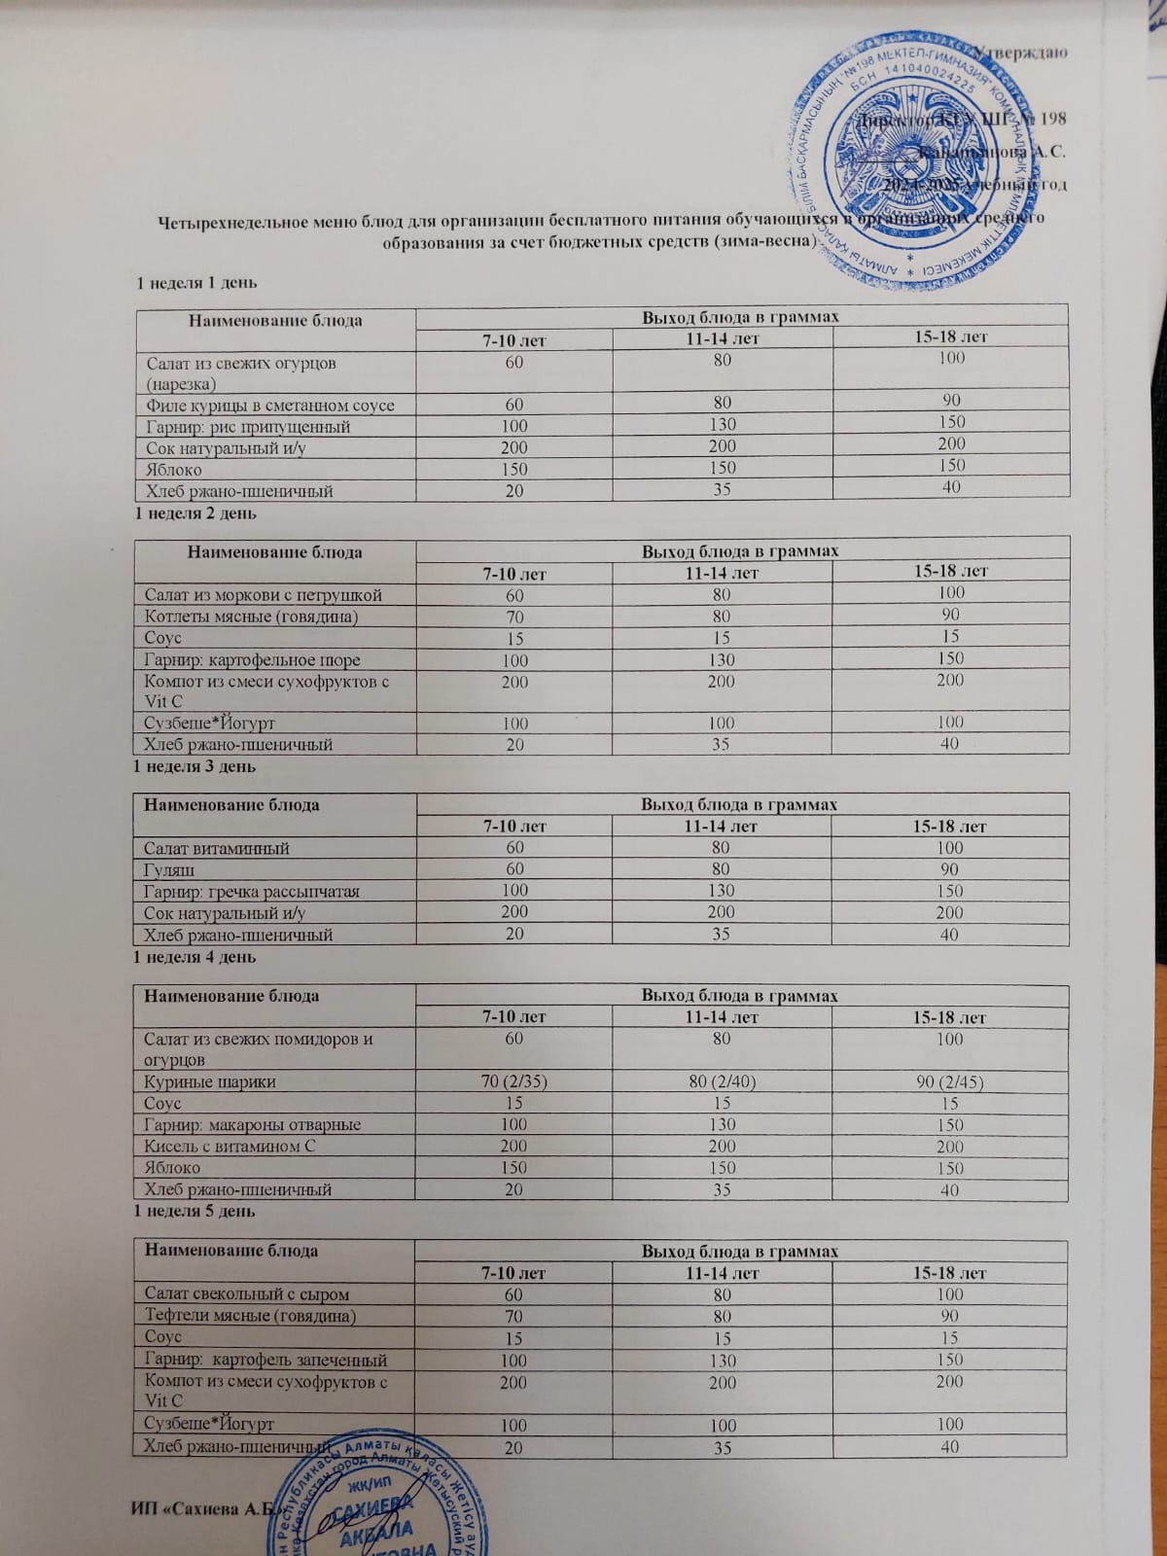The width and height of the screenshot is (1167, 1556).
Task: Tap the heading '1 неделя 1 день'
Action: point(196,283)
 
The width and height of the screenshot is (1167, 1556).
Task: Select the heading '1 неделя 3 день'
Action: point(194,766)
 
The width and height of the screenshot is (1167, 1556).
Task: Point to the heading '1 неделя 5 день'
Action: point(194,1212)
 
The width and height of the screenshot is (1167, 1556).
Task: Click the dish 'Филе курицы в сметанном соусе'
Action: point(269,405)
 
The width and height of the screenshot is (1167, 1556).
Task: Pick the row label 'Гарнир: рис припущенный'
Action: point(248,427)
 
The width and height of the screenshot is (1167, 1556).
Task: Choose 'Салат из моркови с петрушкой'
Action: point(263,595)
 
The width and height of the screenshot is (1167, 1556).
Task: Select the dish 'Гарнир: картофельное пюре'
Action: point(253,660)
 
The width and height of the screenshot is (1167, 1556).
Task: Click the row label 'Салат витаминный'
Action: point(217,849)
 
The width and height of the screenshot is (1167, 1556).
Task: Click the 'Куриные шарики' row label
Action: point(210,1082)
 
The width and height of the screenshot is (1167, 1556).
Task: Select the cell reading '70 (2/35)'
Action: point(514,1081)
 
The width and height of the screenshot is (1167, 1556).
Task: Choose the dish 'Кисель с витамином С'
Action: point(230,1147)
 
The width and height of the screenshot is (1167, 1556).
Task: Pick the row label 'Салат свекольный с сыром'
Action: point(246,1295)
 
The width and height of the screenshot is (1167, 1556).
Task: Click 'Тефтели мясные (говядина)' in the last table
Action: point(250,1317)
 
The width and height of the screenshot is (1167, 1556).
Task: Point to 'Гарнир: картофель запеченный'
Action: point(265,1361)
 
